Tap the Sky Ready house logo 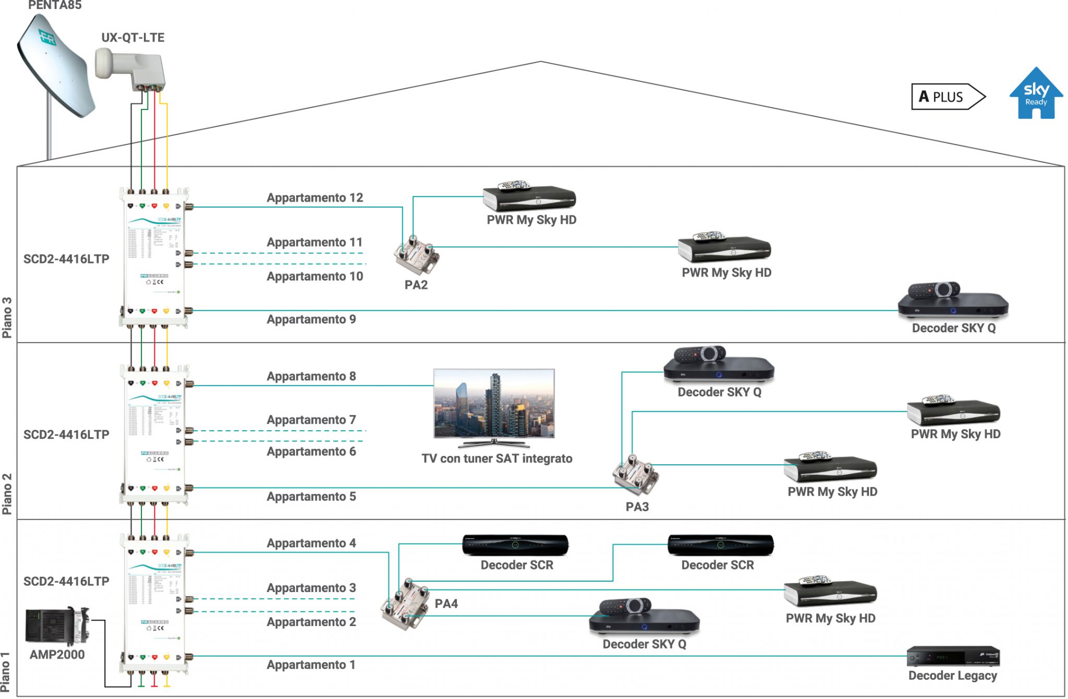point(1036,94)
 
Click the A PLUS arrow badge point(947,97)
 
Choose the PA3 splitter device point(635,475)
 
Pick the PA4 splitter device point(406,604)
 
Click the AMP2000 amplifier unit point(56,625)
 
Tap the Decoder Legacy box point(953,656)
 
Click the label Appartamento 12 point(314,198)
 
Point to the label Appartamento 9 point(311,319)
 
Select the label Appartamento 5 point(311,497)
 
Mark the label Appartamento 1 point(311,665)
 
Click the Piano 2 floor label point(7,493)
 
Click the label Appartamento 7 point(311,420)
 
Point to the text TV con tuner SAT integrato point(496,459)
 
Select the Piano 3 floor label point(7,317)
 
